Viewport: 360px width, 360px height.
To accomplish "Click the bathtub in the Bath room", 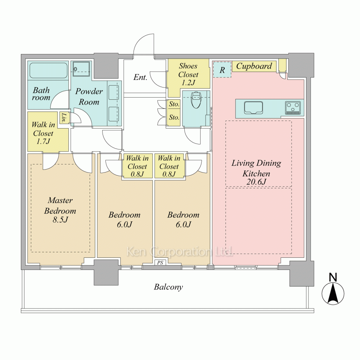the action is point(48,70).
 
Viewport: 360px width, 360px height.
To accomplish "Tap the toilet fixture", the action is point(196,100).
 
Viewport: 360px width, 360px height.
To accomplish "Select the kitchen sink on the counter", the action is point(253,108).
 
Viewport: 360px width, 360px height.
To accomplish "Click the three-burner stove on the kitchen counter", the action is point(293,108).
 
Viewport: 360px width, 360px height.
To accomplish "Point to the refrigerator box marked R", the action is point(222,69).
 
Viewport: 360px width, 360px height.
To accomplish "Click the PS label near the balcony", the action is point(160,263).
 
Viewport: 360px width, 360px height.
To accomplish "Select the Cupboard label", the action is point(254,66).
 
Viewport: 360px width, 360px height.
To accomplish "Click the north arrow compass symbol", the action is point(333,294).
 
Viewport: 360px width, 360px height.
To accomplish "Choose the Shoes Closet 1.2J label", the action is point(188,74).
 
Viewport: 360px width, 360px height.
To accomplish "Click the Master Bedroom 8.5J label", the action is point(60,210).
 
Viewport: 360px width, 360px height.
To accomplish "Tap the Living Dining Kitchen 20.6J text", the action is point(256,172).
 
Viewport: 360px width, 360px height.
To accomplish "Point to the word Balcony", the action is point(168,287).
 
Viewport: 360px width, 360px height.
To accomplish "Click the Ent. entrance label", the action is point(140,77).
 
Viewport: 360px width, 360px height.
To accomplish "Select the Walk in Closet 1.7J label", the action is point(43,133).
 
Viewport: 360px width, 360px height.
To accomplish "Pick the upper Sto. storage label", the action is point(174,104).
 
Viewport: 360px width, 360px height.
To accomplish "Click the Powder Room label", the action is point(89,96).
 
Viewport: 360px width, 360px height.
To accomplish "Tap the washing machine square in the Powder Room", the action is point(81,68).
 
